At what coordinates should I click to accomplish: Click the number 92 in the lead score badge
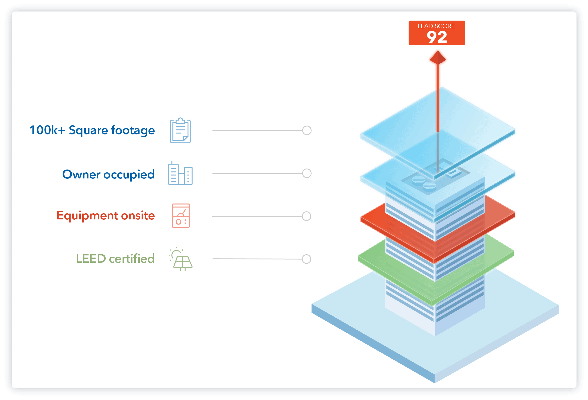437,37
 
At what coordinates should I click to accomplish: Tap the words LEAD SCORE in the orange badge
436,26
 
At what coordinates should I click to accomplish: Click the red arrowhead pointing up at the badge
438,57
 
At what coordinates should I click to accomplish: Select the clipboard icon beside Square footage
180,131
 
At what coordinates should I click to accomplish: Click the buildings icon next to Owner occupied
180,174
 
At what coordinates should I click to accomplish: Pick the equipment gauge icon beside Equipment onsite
181,216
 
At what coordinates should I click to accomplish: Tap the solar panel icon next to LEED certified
181,259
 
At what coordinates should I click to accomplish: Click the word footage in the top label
133,130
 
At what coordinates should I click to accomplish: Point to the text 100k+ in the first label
47,130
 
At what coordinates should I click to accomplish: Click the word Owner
81,174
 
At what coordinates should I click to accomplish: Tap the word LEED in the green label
91,259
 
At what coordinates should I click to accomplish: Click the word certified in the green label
132,259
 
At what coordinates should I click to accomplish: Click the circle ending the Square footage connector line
307,131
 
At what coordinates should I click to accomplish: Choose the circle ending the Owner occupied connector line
307,174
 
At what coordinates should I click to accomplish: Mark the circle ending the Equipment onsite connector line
306,216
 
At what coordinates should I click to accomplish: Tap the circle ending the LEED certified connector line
306,259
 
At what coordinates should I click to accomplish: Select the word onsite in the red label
138,216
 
